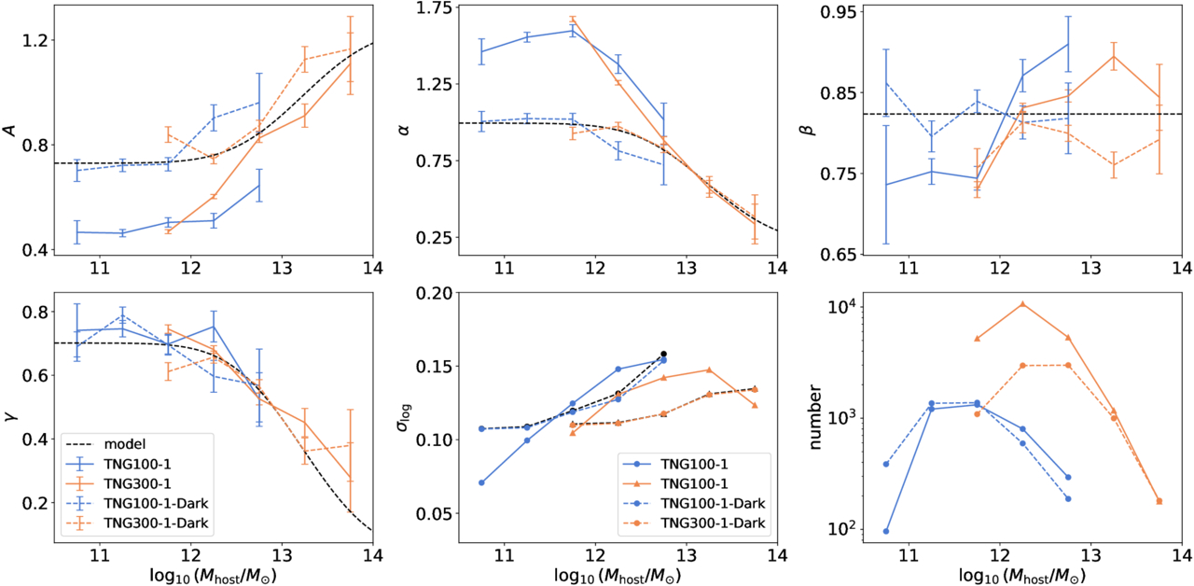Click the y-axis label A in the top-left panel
click(x=11, y=132)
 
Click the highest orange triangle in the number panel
click(x=1022, y=304)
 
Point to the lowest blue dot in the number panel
click(x=885, y=531)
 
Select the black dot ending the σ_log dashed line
click(x=664, y=354)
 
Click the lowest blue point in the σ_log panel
click(x=481, y=482)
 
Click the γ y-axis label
click(x=11, y=414)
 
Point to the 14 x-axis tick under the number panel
click(x=1182, y=555)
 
